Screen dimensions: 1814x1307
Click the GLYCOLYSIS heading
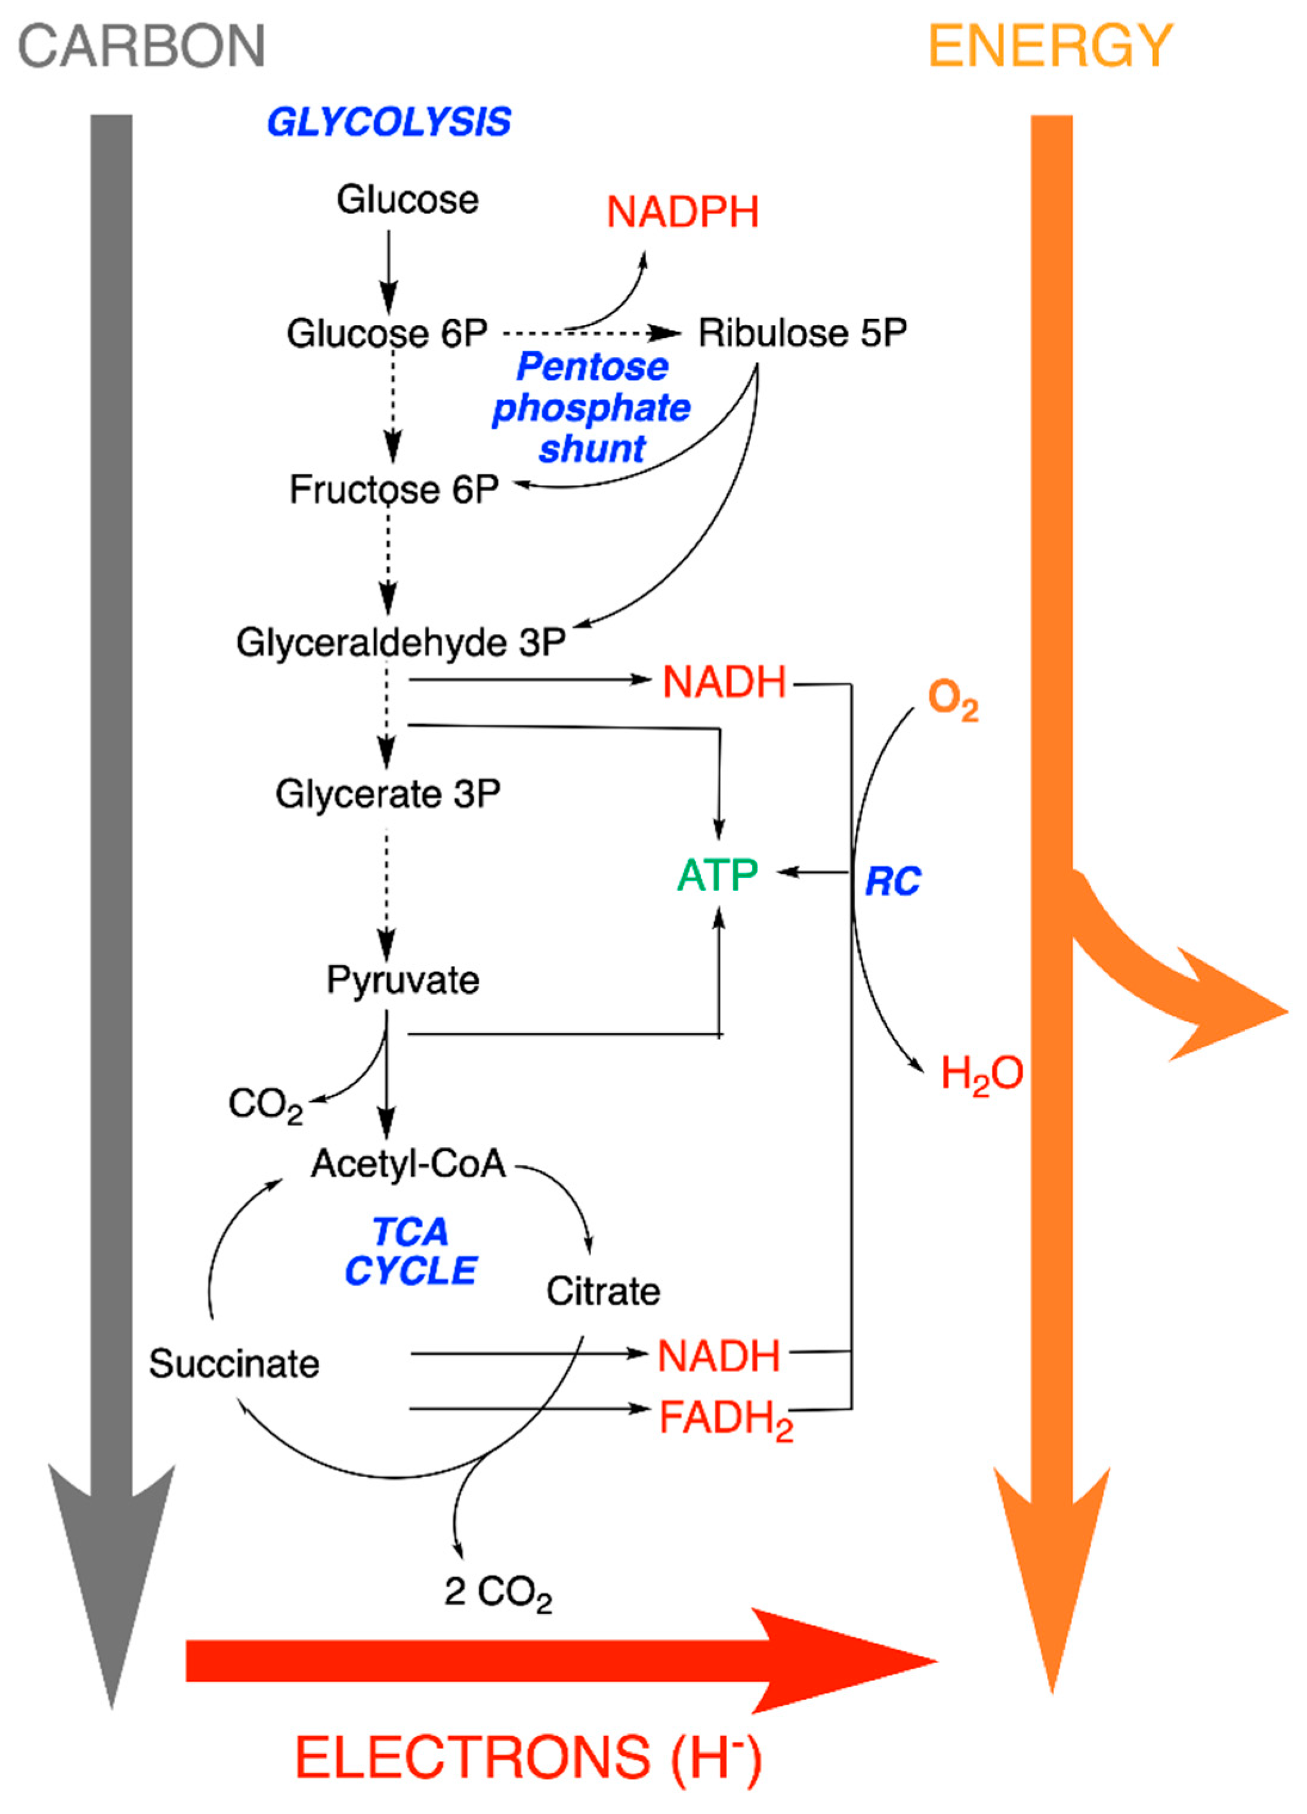(x=389, y=122)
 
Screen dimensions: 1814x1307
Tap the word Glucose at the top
(x=407, y=200)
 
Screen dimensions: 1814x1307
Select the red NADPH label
(x=682, y=213)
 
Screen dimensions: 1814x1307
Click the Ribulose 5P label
(x=802, y=333)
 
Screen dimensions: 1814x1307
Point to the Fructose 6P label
(x=394, y=490)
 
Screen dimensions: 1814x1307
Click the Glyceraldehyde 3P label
(x=401, y=643)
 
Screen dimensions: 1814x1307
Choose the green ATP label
(x=718, y=874)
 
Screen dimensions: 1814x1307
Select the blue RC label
(x=892, y=881)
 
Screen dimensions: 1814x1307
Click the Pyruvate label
(x=402, y=980)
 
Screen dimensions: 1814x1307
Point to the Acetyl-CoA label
(x=409, y=1164)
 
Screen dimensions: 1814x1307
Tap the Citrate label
(x=603, y=1292)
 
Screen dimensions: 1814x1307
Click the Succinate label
(x=234, y=1364)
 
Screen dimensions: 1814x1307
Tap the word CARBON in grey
(x=141, y=47)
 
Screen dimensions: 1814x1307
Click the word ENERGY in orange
(x=1050, y=47)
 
